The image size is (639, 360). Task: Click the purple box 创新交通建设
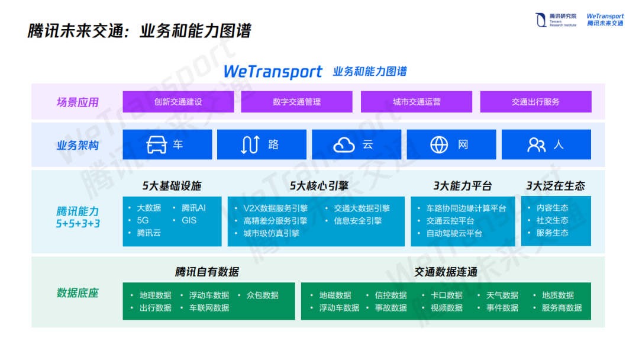(178, 102)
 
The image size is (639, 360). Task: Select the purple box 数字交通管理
(296, 102)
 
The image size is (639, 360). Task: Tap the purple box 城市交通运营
(417, 102)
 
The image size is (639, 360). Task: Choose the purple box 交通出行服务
(535, 102)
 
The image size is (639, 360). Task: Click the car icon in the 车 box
(157, 145)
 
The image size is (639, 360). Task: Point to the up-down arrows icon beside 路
(250, 145)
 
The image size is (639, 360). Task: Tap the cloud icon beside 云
(344, 145)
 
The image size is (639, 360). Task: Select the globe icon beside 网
(439, 145)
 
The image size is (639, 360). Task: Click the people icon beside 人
(536, 145)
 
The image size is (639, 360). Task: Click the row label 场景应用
(78, 102)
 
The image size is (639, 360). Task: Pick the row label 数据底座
(78, 293)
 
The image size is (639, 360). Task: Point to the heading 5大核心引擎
(319, 186)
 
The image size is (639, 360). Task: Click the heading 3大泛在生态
(556, 186)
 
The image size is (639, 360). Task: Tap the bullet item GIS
(189, 220)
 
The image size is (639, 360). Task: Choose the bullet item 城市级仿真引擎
(271, 233)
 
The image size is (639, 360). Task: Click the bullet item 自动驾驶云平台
(454, 233)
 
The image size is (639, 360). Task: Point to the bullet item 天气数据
(502, 295)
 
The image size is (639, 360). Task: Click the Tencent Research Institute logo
(555, 20)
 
